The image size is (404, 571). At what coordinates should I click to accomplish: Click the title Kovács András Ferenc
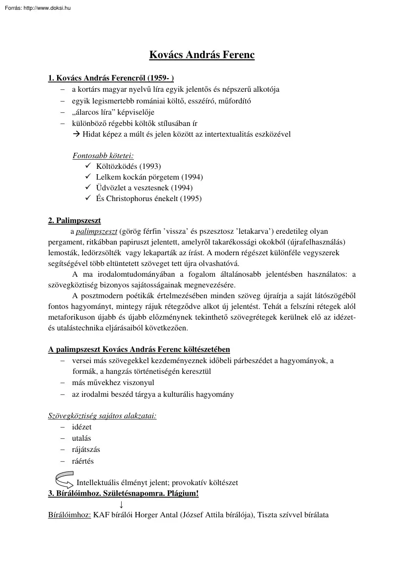pyautogui.click(x=202, y=55)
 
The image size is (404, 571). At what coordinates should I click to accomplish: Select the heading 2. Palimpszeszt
pyautogui.click(x=74, y=220)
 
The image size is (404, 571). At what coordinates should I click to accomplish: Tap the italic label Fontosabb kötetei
pyautogui.click(x=103, y=156)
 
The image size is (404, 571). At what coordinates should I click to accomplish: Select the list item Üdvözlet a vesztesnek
pyautogui.click(x=137, y=188)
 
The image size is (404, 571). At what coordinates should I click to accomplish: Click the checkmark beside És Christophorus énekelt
pyautogui.click(x=88, y=199)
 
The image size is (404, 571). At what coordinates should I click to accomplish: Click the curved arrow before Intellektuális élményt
pyautogui.click(x=64, y=480)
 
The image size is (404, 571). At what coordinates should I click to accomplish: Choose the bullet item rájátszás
pyautogui.click(x=86, y=449)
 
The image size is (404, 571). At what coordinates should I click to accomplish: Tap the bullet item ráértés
pyautogui.click(x=83, y=461)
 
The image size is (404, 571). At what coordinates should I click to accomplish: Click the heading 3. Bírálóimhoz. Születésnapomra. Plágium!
pyautogui.click(x=124, y=493)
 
